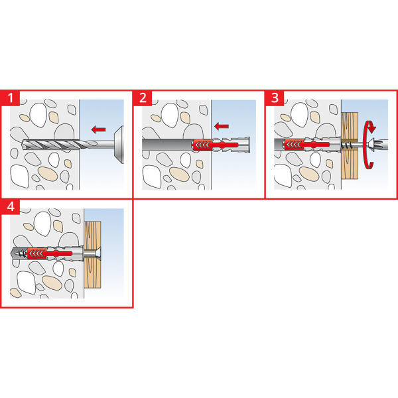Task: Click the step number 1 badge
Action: pyautogui.click(x=10, y=98)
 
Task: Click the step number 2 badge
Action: pyautogui.click(x=143, y=98)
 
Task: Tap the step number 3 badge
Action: pyautogui.click(x=275, y=98)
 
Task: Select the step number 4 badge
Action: pyautogui.click(x=10, y=206)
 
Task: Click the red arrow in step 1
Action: pyautogui.click(x=98, y=129)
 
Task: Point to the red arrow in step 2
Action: pyautogui.click(x=222, y=126)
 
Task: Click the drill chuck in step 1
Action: pyautogui.click(x=119, y=145)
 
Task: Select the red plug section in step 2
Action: pyautogui.click(x=215, y=145)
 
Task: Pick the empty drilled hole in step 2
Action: pyautogui.click(x=167, y=145)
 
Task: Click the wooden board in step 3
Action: pyautogui.click(x=350, y=146)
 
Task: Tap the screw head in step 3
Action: pyautogui.click(x=373, y=145)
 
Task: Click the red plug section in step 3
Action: pyautogui.click(x=306, y=145)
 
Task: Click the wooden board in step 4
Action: pyautogui.click(x=92, y=255)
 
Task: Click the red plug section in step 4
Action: pyautogui.click(x=49, y=253)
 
